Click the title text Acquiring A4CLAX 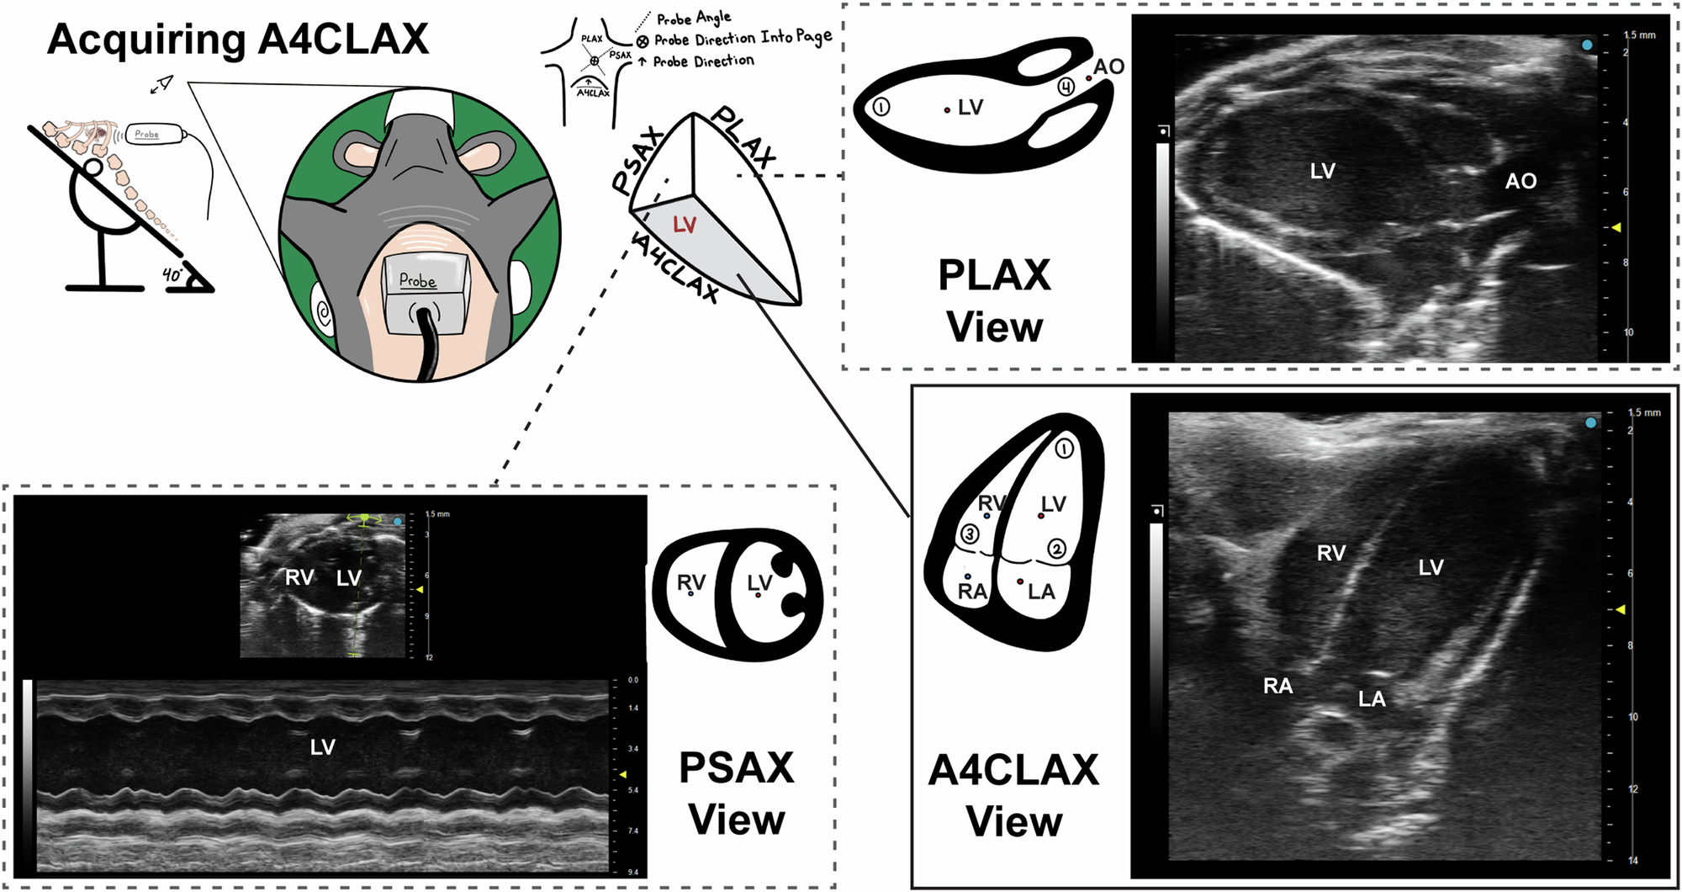point(238,40)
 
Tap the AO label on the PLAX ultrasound point(1521,181)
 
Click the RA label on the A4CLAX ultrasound point(1277,686)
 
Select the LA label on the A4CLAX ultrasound point(1372,698)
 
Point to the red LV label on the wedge point(685,225)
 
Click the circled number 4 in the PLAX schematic point(1066,87)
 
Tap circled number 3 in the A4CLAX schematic point(970,534)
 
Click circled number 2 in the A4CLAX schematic point(1056,550)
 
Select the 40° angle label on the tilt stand point(172,274)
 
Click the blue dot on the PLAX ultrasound point(1587,45)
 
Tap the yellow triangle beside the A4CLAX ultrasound point(1620,608)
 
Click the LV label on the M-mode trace point(323,746)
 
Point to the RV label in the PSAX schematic point(691,582)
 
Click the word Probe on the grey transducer point(418,280)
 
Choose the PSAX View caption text point(737,793)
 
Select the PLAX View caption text point(994,300)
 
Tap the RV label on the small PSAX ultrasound point(299,577)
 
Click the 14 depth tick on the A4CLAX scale point(1632,860)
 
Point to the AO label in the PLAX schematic point(1108,66)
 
